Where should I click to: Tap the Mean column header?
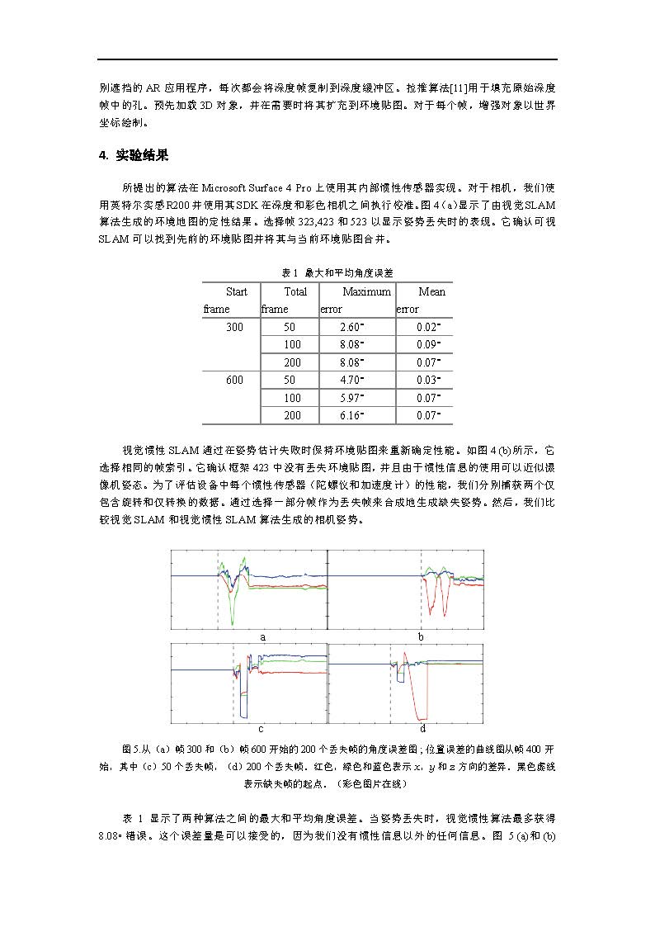pos(431,291)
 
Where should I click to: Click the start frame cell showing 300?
pos(235,328)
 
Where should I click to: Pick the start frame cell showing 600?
pos(235,380)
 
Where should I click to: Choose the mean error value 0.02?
pos(429,328)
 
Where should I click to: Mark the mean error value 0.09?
pos(429,345)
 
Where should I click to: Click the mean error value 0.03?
pos(429,380)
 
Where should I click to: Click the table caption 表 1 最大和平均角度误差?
pos(327,272)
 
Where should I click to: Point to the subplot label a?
pos(262,637)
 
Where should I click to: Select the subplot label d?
pos(422,729)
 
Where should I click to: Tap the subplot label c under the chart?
pos(261,729)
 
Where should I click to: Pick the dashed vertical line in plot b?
pos(421,594)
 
